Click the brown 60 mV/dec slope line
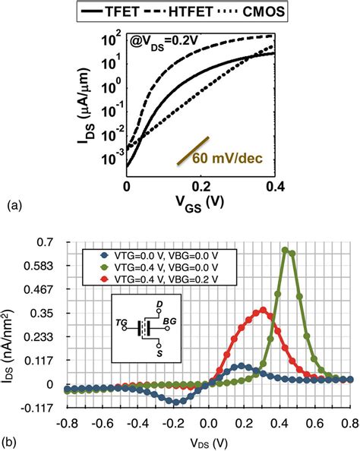click(x=190, y=152)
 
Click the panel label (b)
click(x=14, y=437)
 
